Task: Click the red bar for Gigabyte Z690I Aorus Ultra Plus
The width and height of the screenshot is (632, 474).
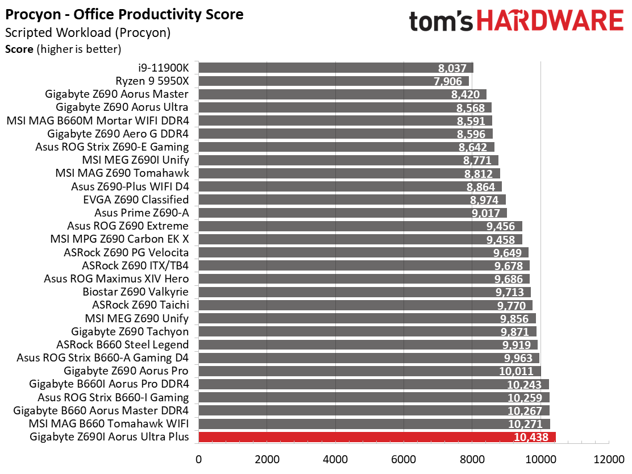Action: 377,437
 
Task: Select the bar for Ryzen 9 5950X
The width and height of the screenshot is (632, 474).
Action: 334,81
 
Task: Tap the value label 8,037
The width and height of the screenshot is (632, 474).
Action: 452,68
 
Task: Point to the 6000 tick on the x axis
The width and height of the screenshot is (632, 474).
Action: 404,459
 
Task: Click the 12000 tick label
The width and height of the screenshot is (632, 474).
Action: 609,459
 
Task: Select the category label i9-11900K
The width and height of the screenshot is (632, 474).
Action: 163,68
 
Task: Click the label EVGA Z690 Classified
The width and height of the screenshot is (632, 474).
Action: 136,199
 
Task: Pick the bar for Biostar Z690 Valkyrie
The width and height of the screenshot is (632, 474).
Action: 365,292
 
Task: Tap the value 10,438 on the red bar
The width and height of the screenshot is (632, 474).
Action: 531,437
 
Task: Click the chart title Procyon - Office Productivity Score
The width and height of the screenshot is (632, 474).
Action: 124,15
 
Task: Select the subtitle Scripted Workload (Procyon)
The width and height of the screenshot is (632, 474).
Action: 88,32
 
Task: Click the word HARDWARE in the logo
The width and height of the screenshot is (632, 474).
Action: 550,21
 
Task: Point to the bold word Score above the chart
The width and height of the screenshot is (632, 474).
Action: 19,49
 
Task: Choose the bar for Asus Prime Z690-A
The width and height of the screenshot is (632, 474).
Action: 353,213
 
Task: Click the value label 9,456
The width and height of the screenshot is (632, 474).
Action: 501,226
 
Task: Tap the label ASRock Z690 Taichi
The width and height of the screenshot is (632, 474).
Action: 140,305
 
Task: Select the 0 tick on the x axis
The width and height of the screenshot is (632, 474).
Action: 199,459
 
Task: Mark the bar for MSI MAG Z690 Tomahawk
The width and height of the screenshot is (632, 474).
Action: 350,173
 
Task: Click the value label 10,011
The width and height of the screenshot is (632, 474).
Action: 516,371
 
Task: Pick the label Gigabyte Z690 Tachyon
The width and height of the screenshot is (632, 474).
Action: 130,332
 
